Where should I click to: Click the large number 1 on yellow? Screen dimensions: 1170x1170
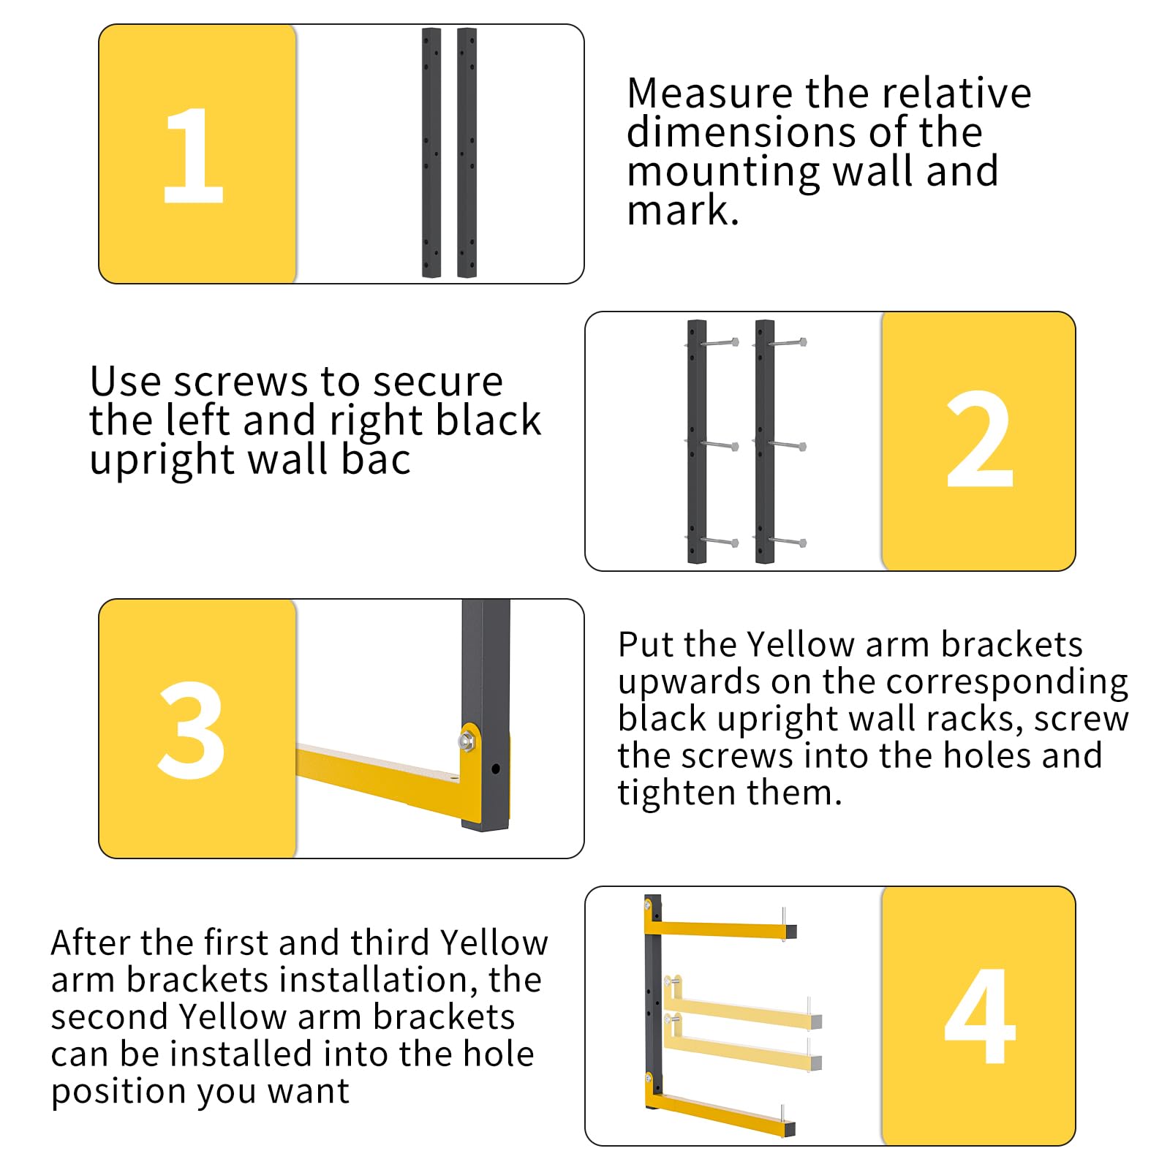pyautogui.click(x=193, y=155)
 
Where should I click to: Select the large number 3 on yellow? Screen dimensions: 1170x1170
pyautogui.click(x=192, y=730)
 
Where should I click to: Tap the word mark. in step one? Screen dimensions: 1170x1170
pyautogui.click(x=683, y=211)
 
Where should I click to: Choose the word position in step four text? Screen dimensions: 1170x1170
pyautogui.click(x=108, y=1092)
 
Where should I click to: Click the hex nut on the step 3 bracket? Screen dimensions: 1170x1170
pyautogui.click(x=465, y=740)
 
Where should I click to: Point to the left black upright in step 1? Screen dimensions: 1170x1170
pyautogui.click(x=431, y=152)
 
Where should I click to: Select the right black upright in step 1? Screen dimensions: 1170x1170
pyautogui.click(x=467, y=152)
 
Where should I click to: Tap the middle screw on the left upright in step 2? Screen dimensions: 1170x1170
pyautogui.click(x=719, y=445)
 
